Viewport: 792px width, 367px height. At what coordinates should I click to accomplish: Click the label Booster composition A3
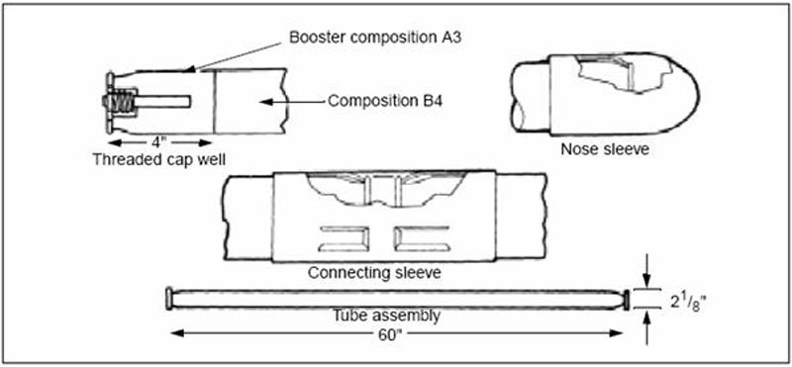point(375,39)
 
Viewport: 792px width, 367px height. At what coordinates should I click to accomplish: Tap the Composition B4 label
point(385,101)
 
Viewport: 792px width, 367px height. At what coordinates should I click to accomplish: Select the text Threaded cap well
point(158,159)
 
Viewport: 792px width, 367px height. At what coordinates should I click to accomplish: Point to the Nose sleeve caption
point(605,149)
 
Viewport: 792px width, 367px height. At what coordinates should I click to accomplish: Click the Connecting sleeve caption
point(375,273)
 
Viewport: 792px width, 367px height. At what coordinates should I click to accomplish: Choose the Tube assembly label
point(386,316)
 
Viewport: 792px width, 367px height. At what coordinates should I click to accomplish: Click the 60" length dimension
point(396,333)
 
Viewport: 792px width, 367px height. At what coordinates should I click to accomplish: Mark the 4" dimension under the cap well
point(159,141)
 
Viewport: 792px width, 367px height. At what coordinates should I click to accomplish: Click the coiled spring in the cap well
point(124,103)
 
